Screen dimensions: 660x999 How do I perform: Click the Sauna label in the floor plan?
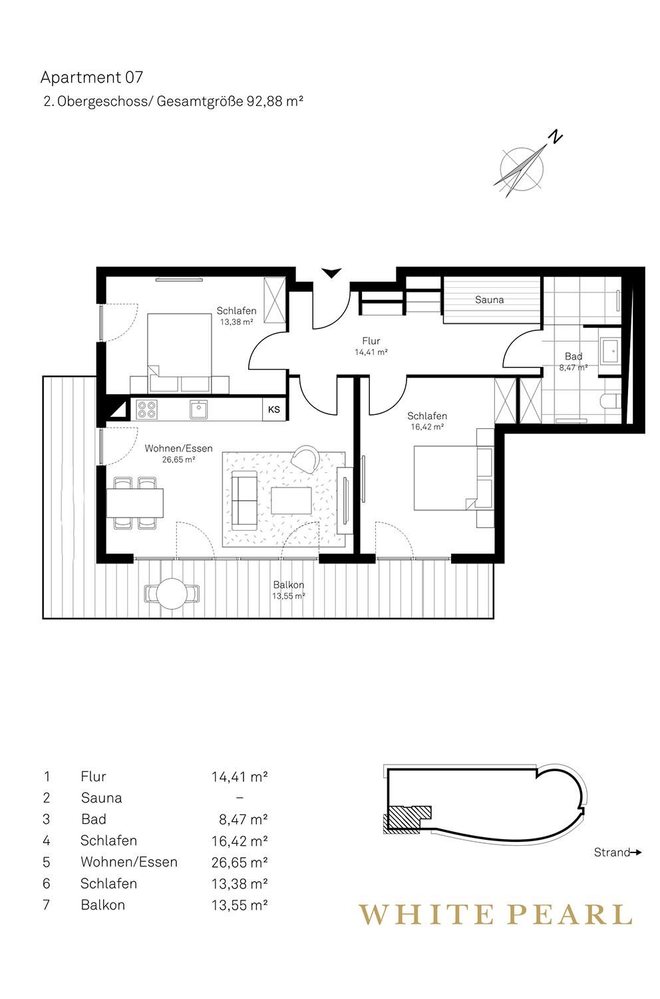[489, 300]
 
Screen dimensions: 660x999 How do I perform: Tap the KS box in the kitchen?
[274, 409]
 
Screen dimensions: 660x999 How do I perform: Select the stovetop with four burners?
[146, 409]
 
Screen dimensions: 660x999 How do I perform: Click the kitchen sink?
[198, 409]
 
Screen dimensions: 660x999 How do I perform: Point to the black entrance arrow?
[331, 272]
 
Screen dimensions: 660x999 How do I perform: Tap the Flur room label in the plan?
[371, 341]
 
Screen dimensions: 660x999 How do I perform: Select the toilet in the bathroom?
[611, 401]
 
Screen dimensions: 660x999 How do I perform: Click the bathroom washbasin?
[609, 350]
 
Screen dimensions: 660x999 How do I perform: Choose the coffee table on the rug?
[291, 500]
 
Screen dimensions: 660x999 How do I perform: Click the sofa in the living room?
[244, 500]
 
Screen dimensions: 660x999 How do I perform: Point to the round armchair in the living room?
[306, 458]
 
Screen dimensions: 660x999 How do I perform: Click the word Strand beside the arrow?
[611, 852]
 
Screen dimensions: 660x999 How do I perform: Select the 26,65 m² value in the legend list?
[240, 862]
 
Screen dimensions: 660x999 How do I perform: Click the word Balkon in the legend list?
[103, 904]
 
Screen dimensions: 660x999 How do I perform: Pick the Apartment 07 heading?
[92, 78]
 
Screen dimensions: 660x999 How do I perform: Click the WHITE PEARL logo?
[496, 914]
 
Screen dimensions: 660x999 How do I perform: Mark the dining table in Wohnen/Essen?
[135, 503]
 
